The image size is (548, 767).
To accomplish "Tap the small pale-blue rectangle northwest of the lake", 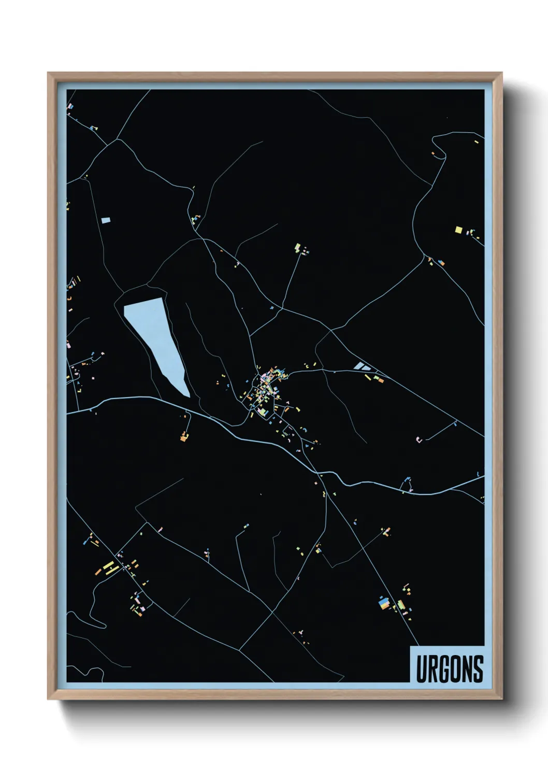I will click(x=106, y=220).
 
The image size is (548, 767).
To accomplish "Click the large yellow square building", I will click(x=458, y=230).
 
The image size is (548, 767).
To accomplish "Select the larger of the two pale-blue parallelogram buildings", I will click(x=358, y=366).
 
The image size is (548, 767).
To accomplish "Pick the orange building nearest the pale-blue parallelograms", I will click(x=381, y=380).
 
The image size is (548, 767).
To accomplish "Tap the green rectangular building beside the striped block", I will click(x=400, y=605).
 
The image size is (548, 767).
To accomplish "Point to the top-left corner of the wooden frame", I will click(x=48, y=73).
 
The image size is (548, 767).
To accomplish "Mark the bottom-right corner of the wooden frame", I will click(x=502, y=699).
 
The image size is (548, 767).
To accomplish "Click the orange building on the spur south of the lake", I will click(x=183, y=438).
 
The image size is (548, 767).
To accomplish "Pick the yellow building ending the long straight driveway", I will click(x=297, y=248).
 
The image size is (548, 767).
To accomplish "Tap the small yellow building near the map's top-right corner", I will click(x=477, y=141).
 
